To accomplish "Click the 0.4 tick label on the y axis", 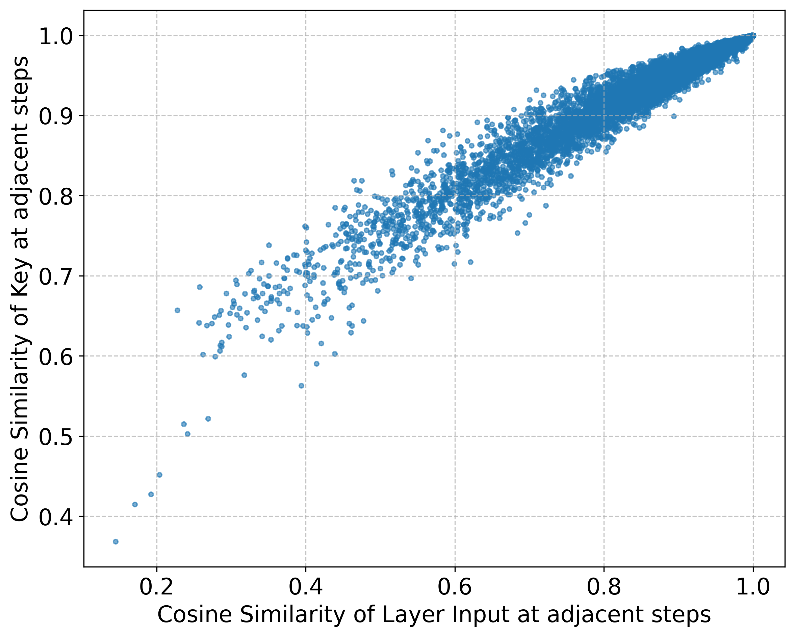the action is pos(56,517).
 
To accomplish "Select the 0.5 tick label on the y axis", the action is pos(56,437).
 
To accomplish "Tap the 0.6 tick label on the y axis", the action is pos(56,357).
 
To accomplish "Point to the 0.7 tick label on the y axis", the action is pos(56,277).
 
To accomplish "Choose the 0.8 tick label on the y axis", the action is pos(56,196).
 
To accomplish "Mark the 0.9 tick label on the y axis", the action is pos(56,116).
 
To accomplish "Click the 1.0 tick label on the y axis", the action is pos(56,36).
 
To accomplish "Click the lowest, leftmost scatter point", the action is pos(116,541).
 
